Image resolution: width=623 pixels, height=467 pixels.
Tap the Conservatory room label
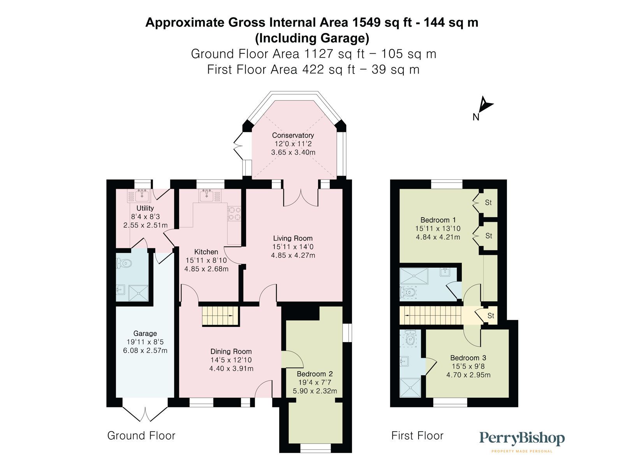point(293,135)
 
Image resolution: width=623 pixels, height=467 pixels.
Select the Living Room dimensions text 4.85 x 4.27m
point(293,256)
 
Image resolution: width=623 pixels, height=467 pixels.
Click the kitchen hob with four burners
point(234,213)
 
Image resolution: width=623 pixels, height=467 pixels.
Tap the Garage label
point(145,334)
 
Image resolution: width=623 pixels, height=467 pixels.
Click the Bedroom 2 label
point(315,374)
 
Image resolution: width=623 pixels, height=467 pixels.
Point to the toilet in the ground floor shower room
point(125,264)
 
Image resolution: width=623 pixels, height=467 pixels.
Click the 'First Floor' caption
point(417,435)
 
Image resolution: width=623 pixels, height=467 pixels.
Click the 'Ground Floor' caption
point(141,435)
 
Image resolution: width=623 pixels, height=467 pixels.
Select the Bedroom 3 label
point(468,358)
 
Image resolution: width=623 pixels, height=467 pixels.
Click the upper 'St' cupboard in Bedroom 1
point(488,203)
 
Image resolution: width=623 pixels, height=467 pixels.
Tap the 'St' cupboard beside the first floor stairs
point(491,316)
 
